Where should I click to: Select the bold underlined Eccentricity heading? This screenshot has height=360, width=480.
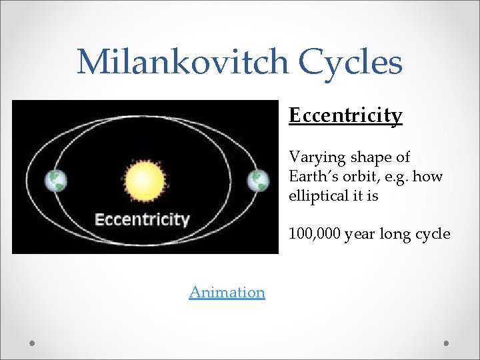tap(345, 116)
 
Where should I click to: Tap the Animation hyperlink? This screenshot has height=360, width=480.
tap(227, 292)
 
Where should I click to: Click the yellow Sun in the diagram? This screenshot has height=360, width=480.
tap(141, 181)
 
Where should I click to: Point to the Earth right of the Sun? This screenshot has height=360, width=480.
tap(257, 180)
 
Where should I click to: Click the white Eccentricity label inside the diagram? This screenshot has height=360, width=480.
tap(142, 219)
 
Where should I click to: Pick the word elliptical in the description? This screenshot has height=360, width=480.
tap(317, 197)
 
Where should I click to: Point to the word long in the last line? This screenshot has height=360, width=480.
tap(393, 234)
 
